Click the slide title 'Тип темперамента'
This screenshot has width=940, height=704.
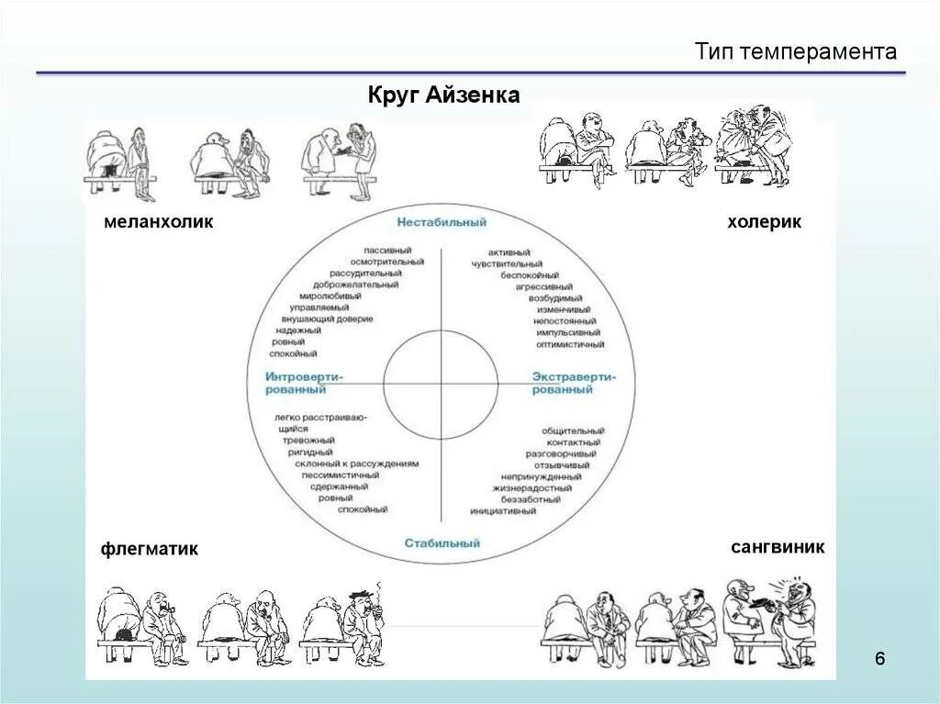795,51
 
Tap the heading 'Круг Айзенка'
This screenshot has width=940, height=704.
443,95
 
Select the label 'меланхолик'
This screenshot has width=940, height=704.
158,221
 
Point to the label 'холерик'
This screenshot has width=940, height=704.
764,222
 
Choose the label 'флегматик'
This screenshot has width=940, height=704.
150,549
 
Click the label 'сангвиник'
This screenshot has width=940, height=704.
778,547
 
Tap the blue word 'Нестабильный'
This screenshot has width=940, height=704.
442,222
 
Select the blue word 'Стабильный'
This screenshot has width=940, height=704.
442,543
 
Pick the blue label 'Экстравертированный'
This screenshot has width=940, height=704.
575,383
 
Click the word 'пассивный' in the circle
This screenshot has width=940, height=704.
388,250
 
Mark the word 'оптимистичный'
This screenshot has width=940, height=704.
570,345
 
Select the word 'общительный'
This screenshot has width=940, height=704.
573,430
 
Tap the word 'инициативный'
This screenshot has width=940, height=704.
502,511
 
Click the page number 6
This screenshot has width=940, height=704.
880,659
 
